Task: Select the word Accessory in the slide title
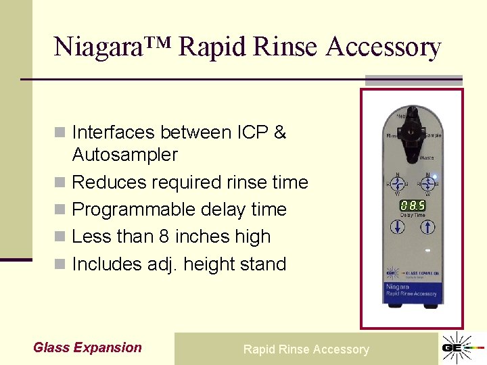pyautogui.click(x=383, y=47)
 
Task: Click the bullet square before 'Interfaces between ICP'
pyautogui.click(x=61, y=132)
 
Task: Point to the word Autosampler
pyautogui.click(x=124, y=155)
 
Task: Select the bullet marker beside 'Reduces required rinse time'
pyautogui.click(x=61, y=182)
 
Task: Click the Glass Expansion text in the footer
pyautogui.click(x=87, y=348)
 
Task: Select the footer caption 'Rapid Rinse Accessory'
pyautogui.click(x=306, y=349)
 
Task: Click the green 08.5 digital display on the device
pyautogui.click(x=413, y=205)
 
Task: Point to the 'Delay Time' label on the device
pyautogui.click(x=413, y=215)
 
